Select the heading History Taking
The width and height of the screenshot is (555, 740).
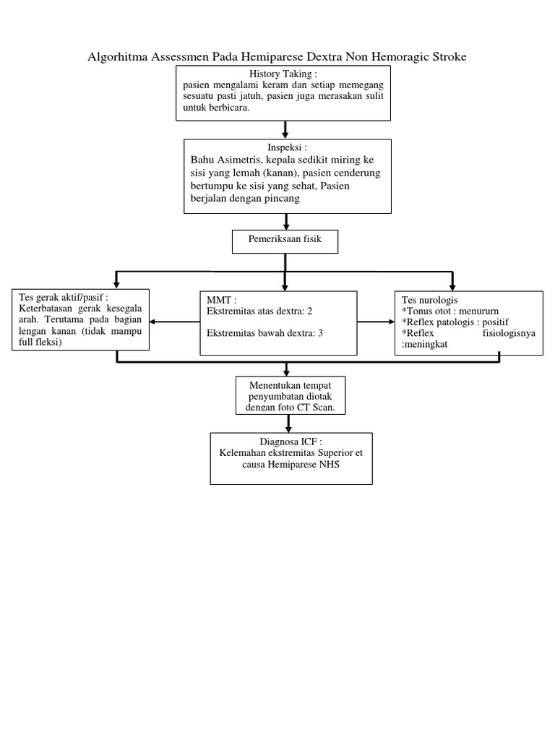point(282,74)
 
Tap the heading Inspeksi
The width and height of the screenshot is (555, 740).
point(287,147)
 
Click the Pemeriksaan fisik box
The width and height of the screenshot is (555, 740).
point(285,242)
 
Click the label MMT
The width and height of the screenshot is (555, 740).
point(220,299)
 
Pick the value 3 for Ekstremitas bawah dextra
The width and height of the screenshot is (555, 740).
point(320,333)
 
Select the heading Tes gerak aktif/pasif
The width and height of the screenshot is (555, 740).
point(64,298)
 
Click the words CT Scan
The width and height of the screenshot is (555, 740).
point(327,408)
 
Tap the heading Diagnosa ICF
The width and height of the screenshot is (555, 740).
point(291,442)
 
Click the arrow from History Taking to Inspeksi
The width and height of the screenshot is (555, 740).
point(286,129)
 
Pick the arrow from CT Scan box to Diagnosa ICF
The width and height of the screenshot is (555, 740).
point(290,424)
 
